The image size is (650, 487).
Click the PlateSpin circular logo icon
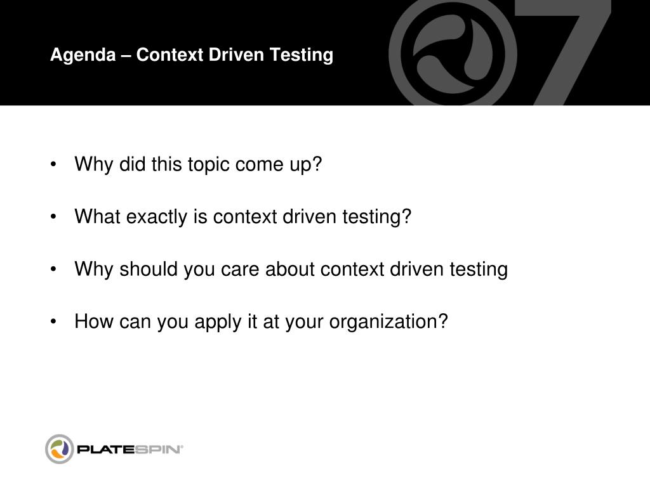coord(60,449)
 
